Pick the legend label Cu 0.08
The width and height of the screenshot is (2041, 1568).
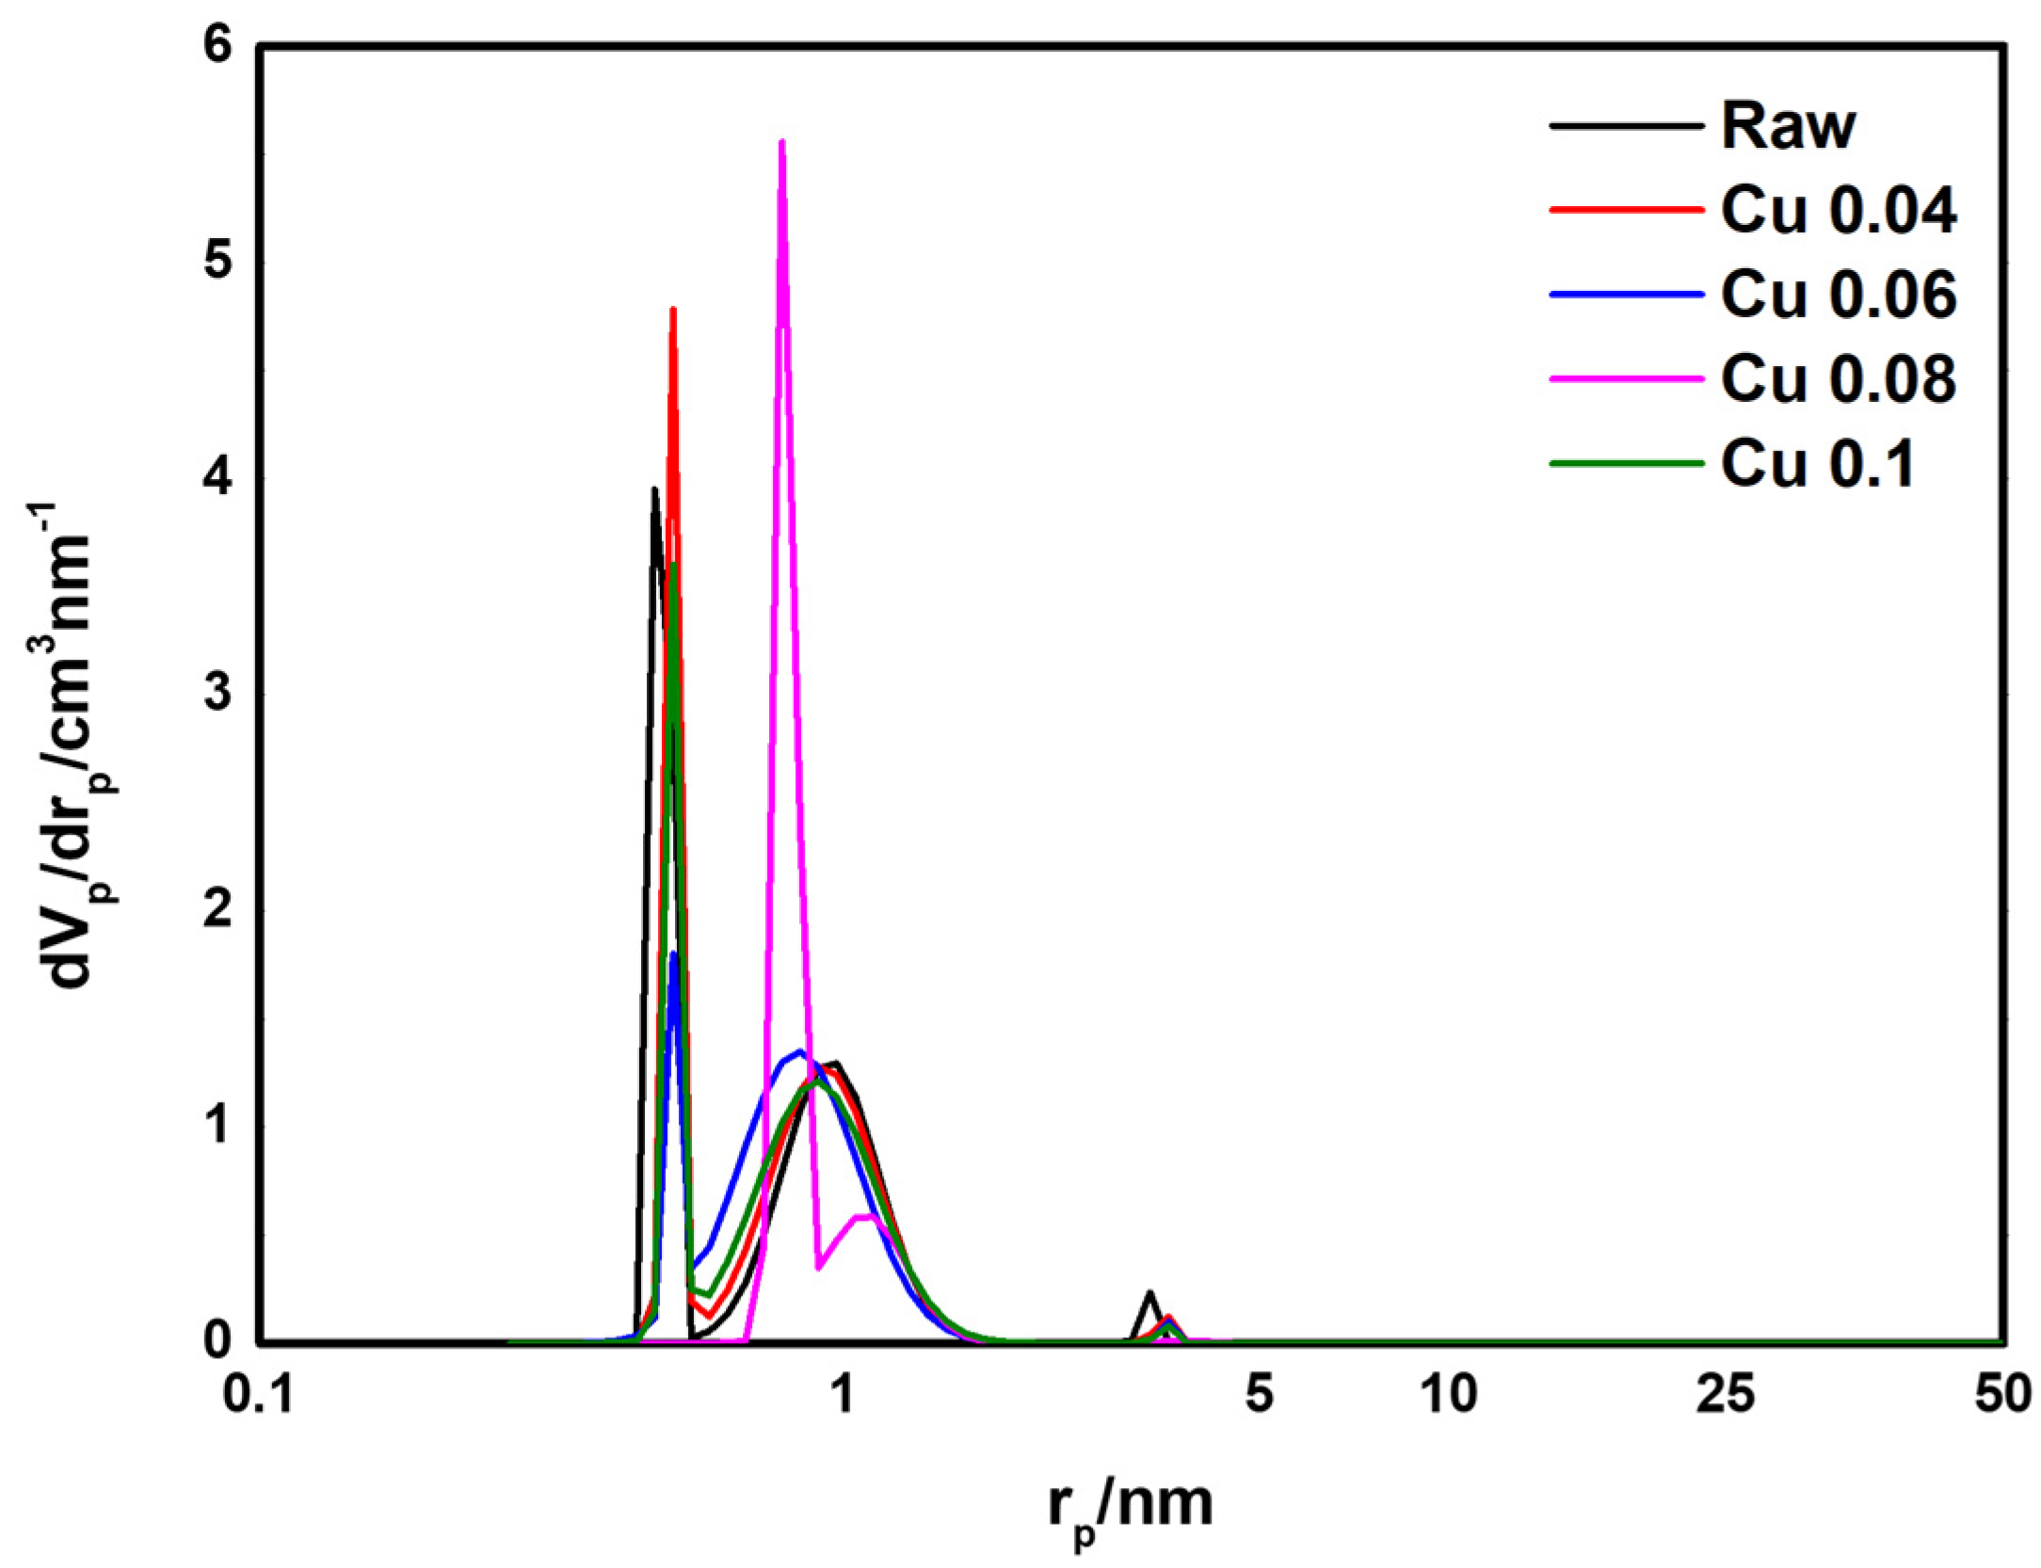[1837, 378]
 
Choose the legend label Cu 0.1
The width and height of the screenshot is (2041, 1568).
[1817, 463]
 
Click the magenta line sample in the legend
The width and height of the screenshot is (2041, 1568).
[1626, 379]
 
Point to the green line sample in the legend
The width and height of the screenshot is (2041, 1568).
[1626, 463]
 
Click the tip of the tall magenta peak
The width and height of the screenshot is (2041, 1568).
[782, 142]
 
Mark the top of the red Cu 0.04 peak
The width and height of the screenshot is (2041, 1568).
[673, 309]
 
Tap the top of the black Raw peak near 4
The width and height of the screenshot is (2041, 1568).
[654, 489]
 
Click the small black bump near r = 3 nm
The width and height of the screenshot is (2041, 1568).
[1149, 1293]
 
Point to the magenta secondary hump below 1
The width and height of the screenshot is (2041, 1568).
[866, 1216]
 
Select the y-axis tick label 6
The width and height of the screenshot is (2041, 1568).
[218, 46]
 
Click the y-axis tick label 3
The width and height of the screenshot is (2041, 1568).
[218, 694]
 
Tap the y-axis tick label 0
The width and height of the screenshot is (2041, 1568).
[218, 1339]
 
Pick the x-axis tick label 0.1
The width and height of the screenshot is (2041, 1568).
[259, 1395]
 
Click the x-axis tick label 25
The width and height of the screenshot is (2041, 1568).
[1725, 1395]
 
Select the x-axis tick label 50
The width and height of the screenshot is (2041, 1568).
[2002, 1395]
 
